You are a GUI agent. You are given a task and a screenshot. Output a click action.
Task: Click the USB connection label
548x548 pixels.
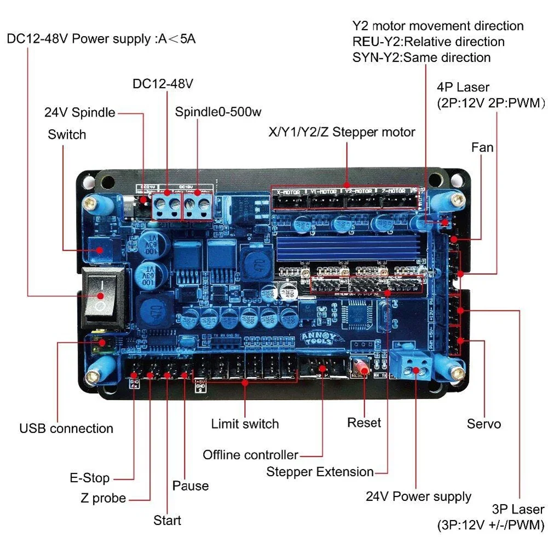click(x=66, y=428)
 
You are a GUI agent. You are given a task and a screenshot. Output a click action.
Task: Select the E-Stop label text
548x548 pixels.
click(x=89, y=478)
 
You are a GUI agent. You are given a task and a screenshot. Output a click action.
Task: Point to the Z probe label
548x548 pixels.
click(x=103, y=498)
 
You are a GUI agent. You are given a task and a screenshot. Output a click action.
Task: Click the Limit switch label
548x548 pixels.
click(x=245, y=424)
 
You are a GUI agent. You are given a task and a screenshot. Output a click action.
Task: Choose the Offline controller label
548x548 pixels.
click(x=250, y=455)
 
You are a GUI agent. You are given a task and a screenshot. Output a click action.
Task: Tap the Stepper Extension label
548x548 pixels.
click(x=320, y=472)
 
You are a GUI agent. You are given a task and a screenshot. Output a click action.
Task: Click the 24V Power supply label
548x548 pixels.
click(x=418, y=497)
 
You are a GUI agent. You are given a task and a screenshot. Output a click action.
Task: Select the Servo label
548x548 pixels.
click(x=484, y=424)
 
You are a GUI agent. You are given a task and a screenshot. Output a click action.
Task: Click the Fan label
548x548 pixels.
click(x=482, y=147)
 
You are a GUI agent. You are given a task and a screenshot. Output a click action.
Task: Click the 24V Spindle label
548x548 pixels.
click(x=80, y=113)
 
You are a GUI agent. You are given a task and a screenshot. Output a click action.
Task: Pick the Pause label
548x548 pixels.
click(x=191, y=486)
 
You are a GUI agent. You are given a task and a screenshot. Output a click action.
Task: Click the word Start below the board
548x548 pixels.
click(x=167, y=520)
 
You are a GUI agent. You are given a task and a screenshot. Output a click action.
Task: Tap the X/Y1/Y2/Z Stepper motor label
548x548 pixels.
click(x=342, y=132)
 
